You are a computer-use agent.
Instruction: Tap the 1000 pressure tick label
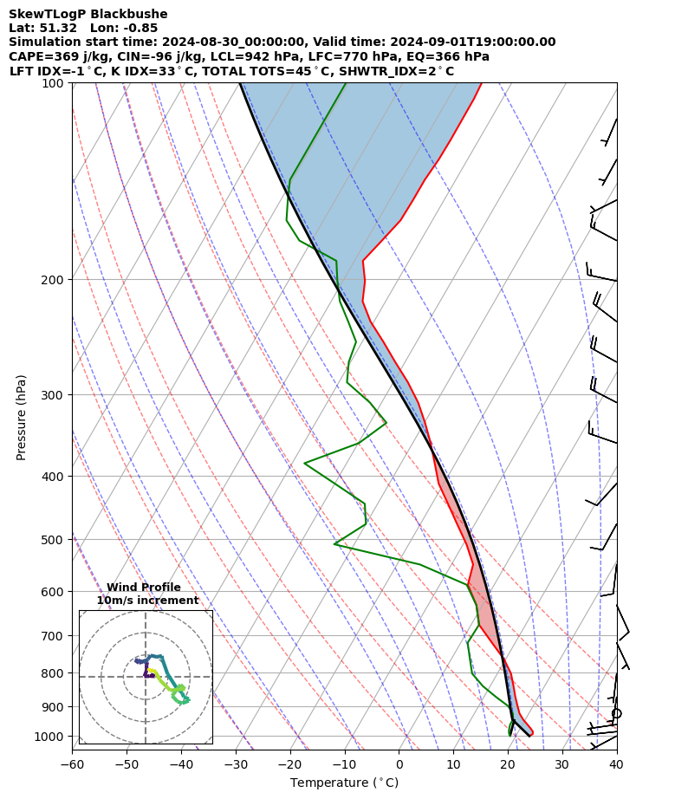tap(50, 737)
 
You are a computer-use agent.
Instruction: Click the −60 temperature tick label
tap(72, 764)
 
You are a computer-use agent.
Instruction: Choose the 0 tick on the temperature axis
tap(399, 764)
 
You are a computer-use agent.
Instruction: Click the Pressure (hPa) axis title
tap(22, 417)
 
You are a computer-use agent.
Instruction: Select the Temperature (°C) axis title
tap(344, 783)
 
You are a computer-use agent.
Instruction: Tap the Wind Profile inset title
tap(144, 588)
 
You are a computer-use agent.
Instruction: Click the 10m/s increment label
tap(147, 601)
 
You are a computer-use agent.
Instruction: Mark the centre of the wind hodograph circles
tap(146, 677)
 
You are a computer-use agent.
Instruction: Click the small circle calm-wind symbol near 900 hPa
tap(616, 713)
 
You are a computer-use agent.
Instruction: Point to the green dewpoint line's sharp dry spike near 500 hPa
tap(334, 543)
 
